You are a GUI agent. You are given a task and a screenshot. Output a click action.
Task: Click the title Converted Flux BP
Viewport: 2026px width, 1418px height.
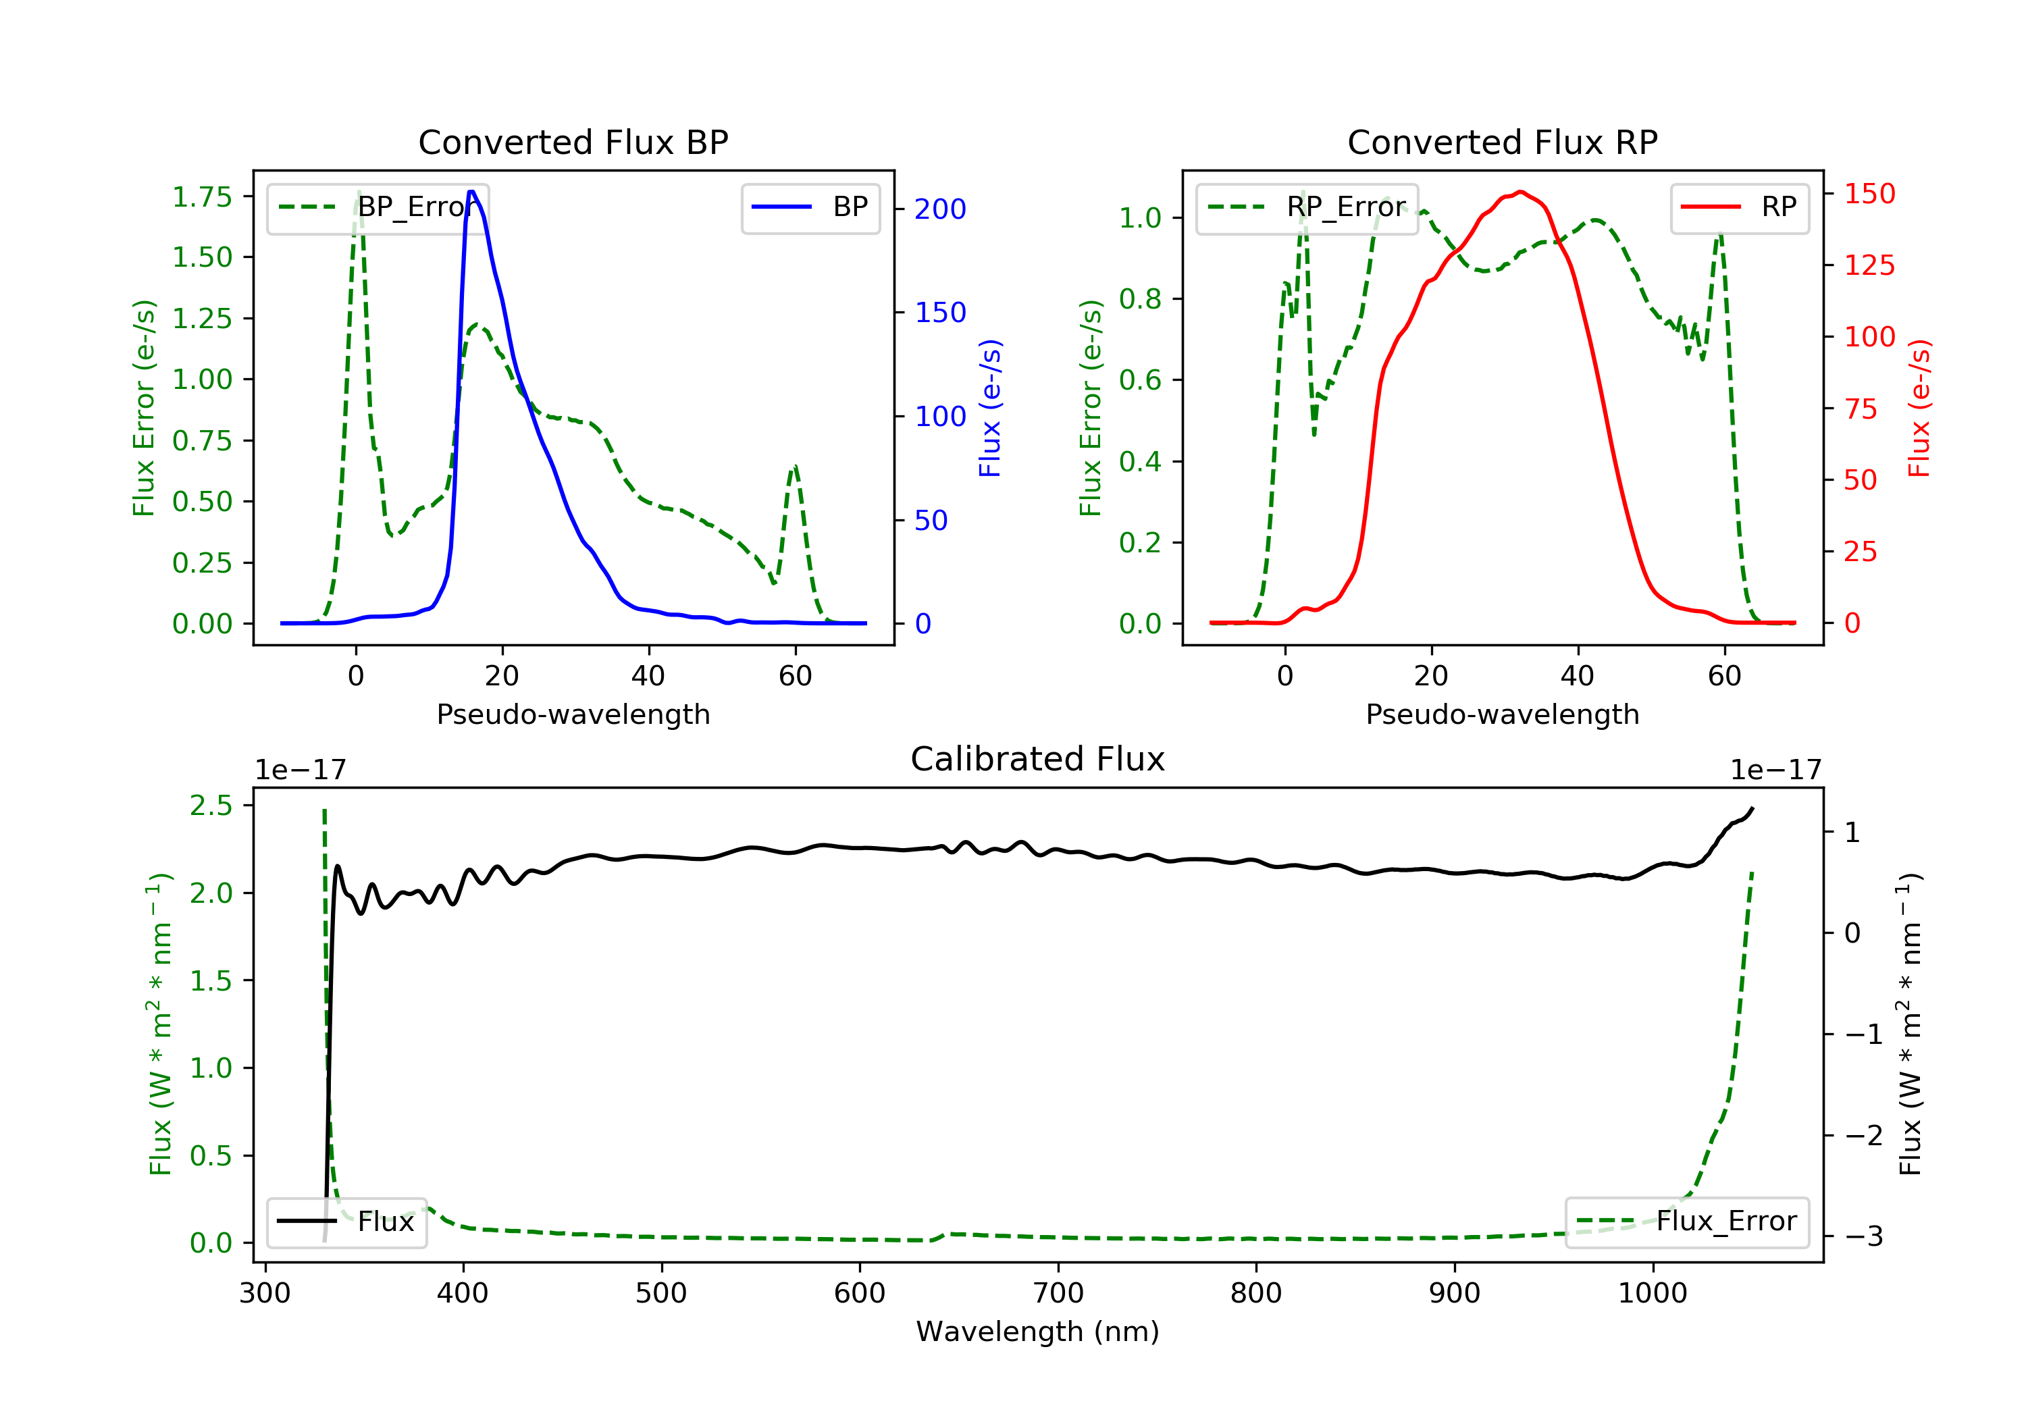[573, 142]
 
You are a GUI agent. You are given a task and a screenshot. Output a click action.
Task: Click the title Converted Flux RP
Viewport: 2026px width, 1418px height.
[1502, 142]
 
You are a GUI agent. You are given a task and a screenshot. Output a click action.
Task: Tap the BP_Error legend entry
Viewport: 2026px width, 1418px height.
[378, 207]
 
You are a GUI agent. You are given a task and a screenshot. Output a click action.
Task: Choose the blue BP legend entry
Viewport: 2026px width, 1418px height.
[810, 207]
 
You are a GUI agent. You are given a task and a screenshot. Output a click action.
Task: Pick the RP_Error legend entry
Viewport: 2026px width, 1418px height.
[1307, 207]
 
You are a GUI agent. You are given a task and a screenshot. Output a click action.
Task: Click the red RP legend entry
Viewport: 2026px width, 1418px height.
[1739, 207]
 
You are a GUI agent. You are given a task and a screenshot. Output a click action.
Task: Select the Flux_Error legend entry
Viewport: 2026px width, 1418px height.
[1686, 1222]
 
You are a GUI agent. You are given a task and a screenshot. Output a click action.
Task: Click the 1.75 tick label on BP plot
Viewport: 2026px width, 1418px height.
[202, 196]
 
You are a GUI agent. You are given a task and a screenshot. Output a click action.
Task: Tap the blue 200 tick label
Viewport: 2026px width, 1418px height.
[940, 209]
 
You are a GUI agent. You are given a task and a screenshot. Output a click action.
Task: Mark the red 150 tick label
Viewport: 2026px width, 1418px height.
[1869, 193]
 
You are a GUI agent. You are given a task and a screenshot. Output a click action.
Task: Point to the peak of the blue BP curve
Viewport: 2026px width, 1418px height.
[472, 192]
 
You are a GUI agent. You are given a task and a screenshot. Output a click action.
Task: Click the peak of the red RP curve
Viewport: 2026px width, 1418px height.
[1519, 192]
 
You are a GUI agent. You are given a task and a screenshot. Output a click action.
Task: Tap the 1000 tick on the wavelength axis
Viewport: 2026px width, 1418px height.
[1652, 1294]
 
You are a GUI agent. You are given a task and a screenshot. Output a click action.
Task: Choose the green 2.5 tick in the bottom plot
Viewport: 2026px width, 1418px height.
[211, 806]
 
